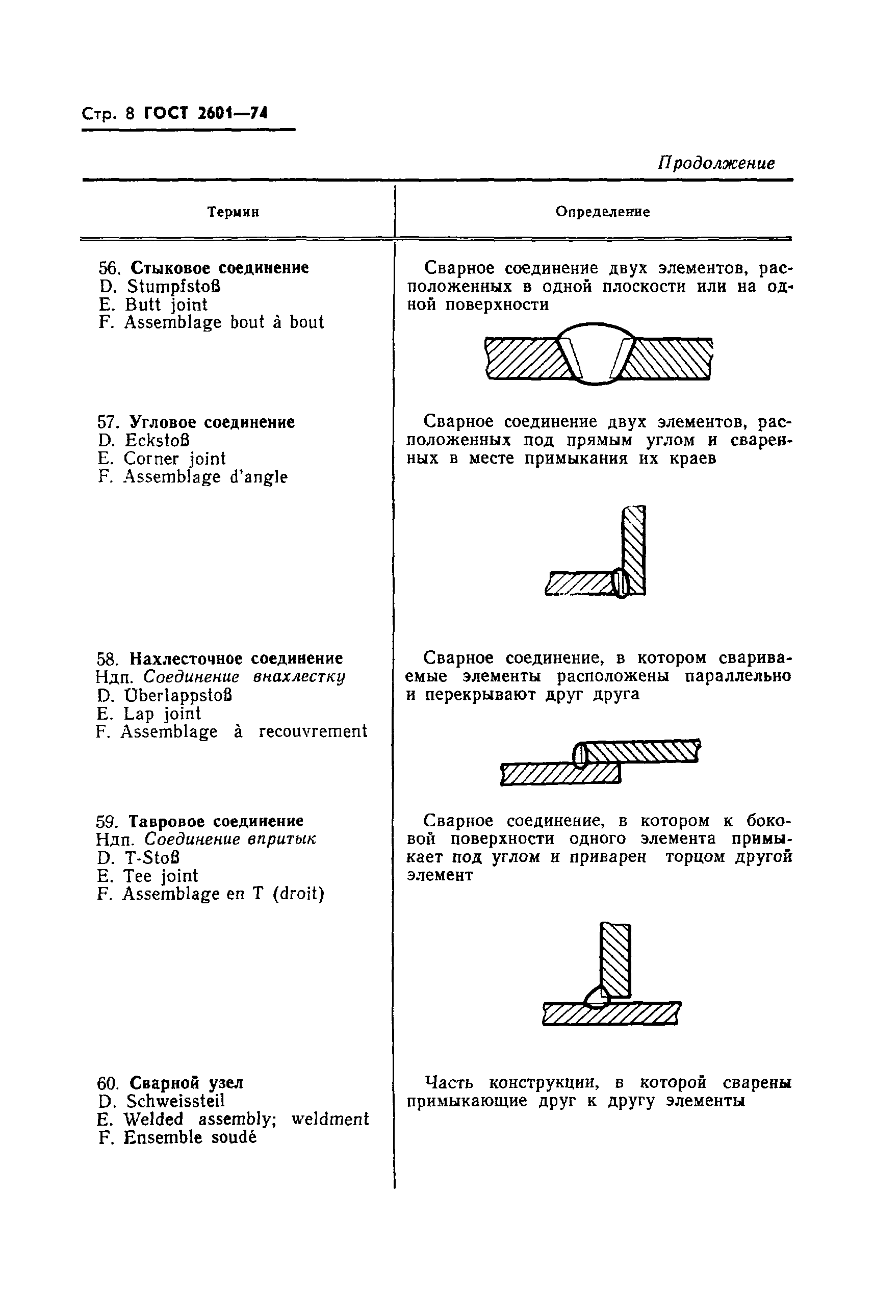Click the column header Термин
(x=233, y=212)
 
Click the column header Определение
(x=603, y=212)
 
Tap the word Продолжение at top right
(x=716, y=163)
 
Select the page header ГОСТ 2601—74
(x=205, y=113)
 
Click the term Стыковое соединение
(x=219, y=268)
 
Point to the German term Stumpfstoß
(x=174, y=287)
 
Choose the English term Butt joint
(x=166, y=305)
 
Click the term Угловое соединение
(x=212, y=422)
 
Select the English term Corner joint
(x=174, y=459)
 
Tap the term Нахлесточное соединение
(x=236, y=658)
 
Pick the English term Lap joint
(x=162, y=714)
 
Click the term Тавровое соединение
(x=216, y=821)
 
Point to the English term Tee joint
(x=161, y=876)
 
